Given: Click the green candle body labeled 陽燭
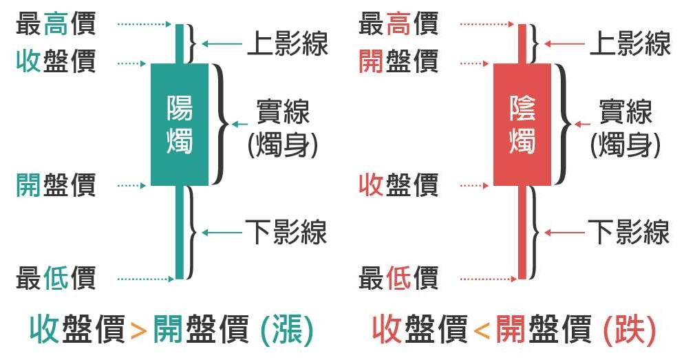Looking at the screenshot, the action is (x=180, y=124).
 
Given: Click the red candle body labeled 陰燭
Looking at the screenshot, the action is (x=522, y=124).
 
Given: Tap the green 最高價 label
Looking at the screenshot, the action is (x=56, y=25).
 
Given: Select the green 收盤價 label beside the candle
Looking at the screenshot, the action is (x=56, y=63).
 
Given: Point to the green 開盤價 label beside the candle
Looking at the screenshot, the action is (x=56, y=185).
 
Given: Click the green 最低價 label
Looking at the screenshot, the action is (x=56, y=279).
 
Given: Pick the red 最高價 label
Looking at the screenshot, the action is (x=398, y=25).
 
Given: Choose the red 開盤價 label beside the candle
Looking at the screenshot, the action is (x=398, y=63).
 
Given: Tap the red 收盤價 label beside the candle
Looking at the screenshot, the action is (x=398, y=185).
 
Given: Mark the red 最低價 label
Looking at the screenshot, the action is (x=398, y=279).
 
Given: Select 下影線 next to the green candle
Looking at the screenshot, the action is (x=286, y=232).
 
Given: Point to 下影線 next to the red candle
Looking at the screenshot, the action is (x=628, y=232).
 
